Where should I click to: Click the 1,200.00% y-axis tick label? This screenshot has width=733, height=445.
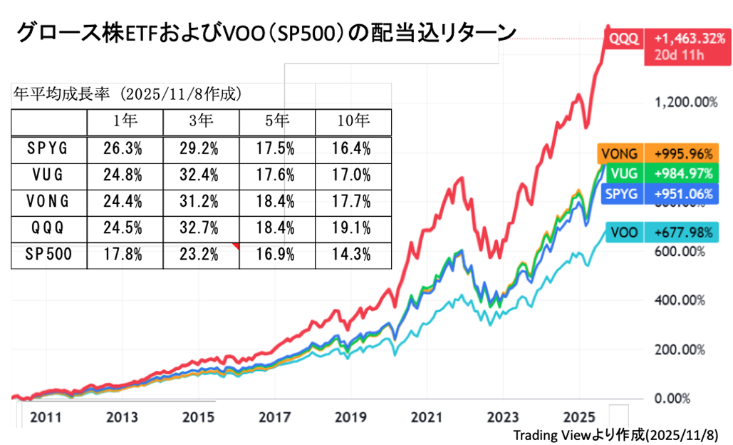[685, 102]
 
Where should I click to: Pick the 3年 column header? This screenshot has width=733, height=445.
[201, 121]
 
